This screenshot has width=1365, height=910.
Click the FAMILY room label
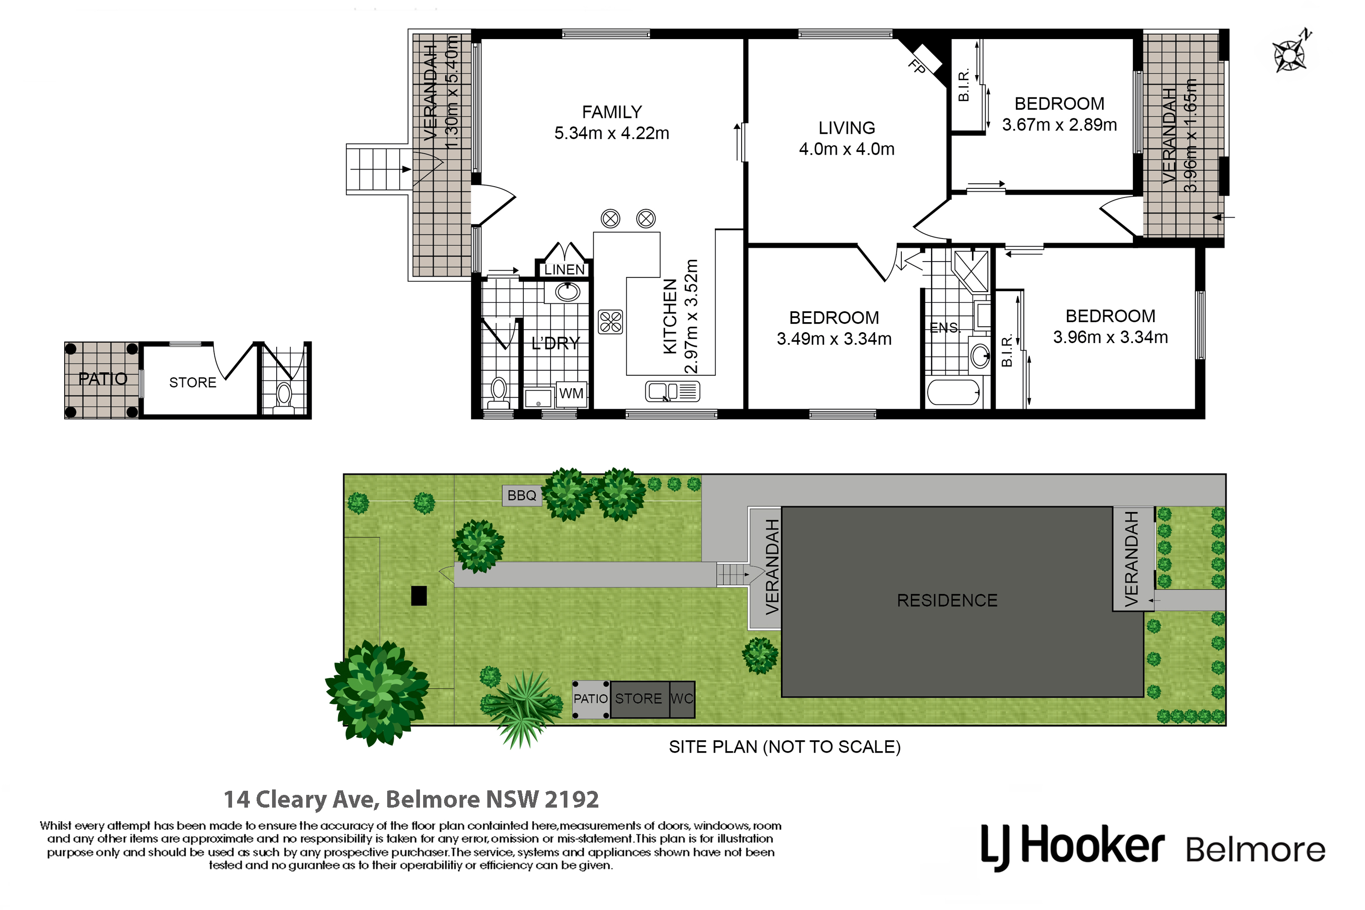612,112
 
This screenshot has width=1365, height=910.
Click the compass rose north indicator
1292,52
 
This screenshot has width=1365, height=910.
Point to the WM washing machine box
571,394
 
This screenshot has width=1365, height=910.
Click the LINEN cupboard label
564,270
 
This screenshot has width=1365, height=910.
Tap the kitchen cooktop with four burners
611,322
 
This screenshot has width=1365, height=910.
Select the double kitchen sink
672,392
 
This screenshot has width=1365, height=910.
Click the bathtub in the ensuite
954,393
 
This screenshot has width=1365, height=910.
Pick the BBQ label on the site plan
522,495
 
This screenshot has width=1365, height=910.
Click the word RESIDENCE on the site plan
947,601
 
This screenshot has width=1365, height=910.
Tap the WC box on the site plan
682,699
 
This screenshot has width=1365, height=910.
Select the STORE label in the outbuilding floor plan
192,383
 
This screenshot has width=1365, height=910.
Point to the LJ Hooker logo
1153,847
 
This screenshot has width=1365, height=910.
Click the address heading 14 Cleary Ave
411,799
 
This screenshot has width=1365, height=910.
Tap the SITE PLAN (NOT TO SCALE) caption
784,747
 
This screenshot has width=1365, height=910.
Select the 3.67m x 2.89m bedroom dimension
1059,125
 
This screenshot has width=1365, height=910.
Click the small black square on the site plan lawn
419,596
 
